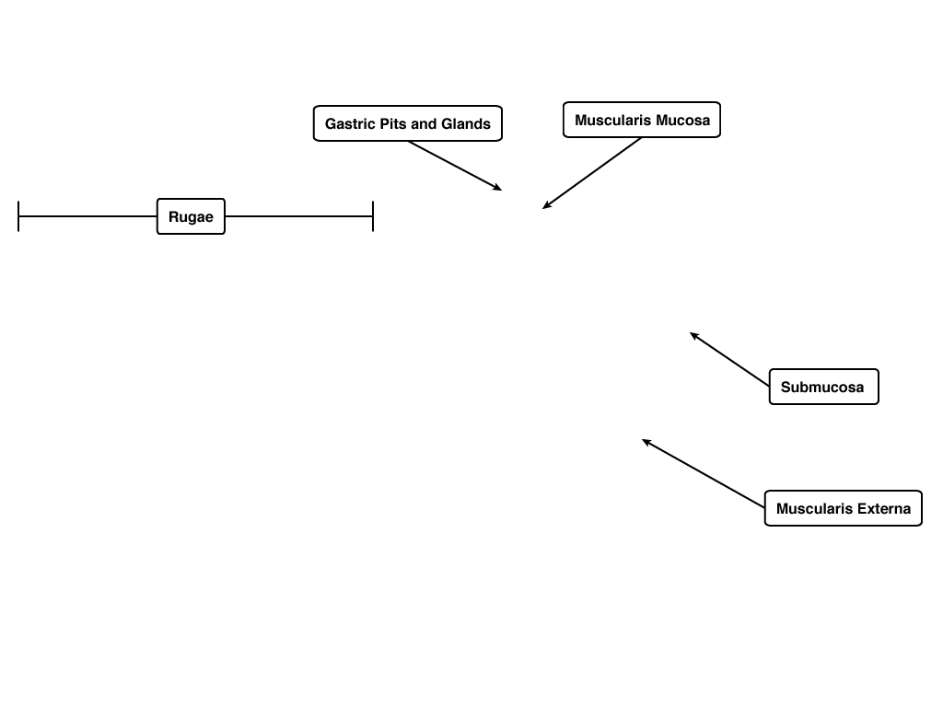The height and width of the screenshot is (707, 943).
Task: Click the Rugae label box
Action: coord(191,216)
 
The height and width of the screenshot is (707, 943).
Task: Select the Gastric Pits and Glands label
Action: coord(408,124)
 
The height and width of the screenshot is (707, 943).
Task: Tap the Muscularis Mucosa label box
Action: coord(642,120)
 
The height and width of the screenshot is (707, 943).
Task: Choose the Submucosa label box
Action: coord(824,387)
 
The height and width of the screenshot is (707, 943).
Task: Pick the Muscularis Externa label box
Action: coord(844,508)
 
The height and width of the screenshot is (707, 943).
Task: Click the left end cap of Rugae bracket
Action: coord(18,216)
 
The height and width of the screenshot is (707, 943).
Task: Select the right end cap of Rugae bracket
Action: coord(373,216)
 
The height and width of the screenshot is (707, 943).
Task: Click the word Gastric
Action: coord(346,124)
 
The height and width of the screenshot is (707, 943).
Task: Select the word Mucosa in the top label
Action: coord(682,121)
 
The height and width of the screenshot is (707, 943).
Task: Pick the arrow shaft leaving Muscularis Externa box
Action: coord(704,474)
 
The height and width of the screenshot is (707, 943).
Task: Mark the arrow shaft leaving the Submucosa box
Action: coord(729,360)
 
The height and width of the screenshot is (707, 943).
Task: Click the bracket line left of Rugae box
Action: coord(87,216)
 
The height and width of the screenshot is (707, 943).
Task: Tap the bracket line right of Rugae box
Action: coord(299,216)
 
